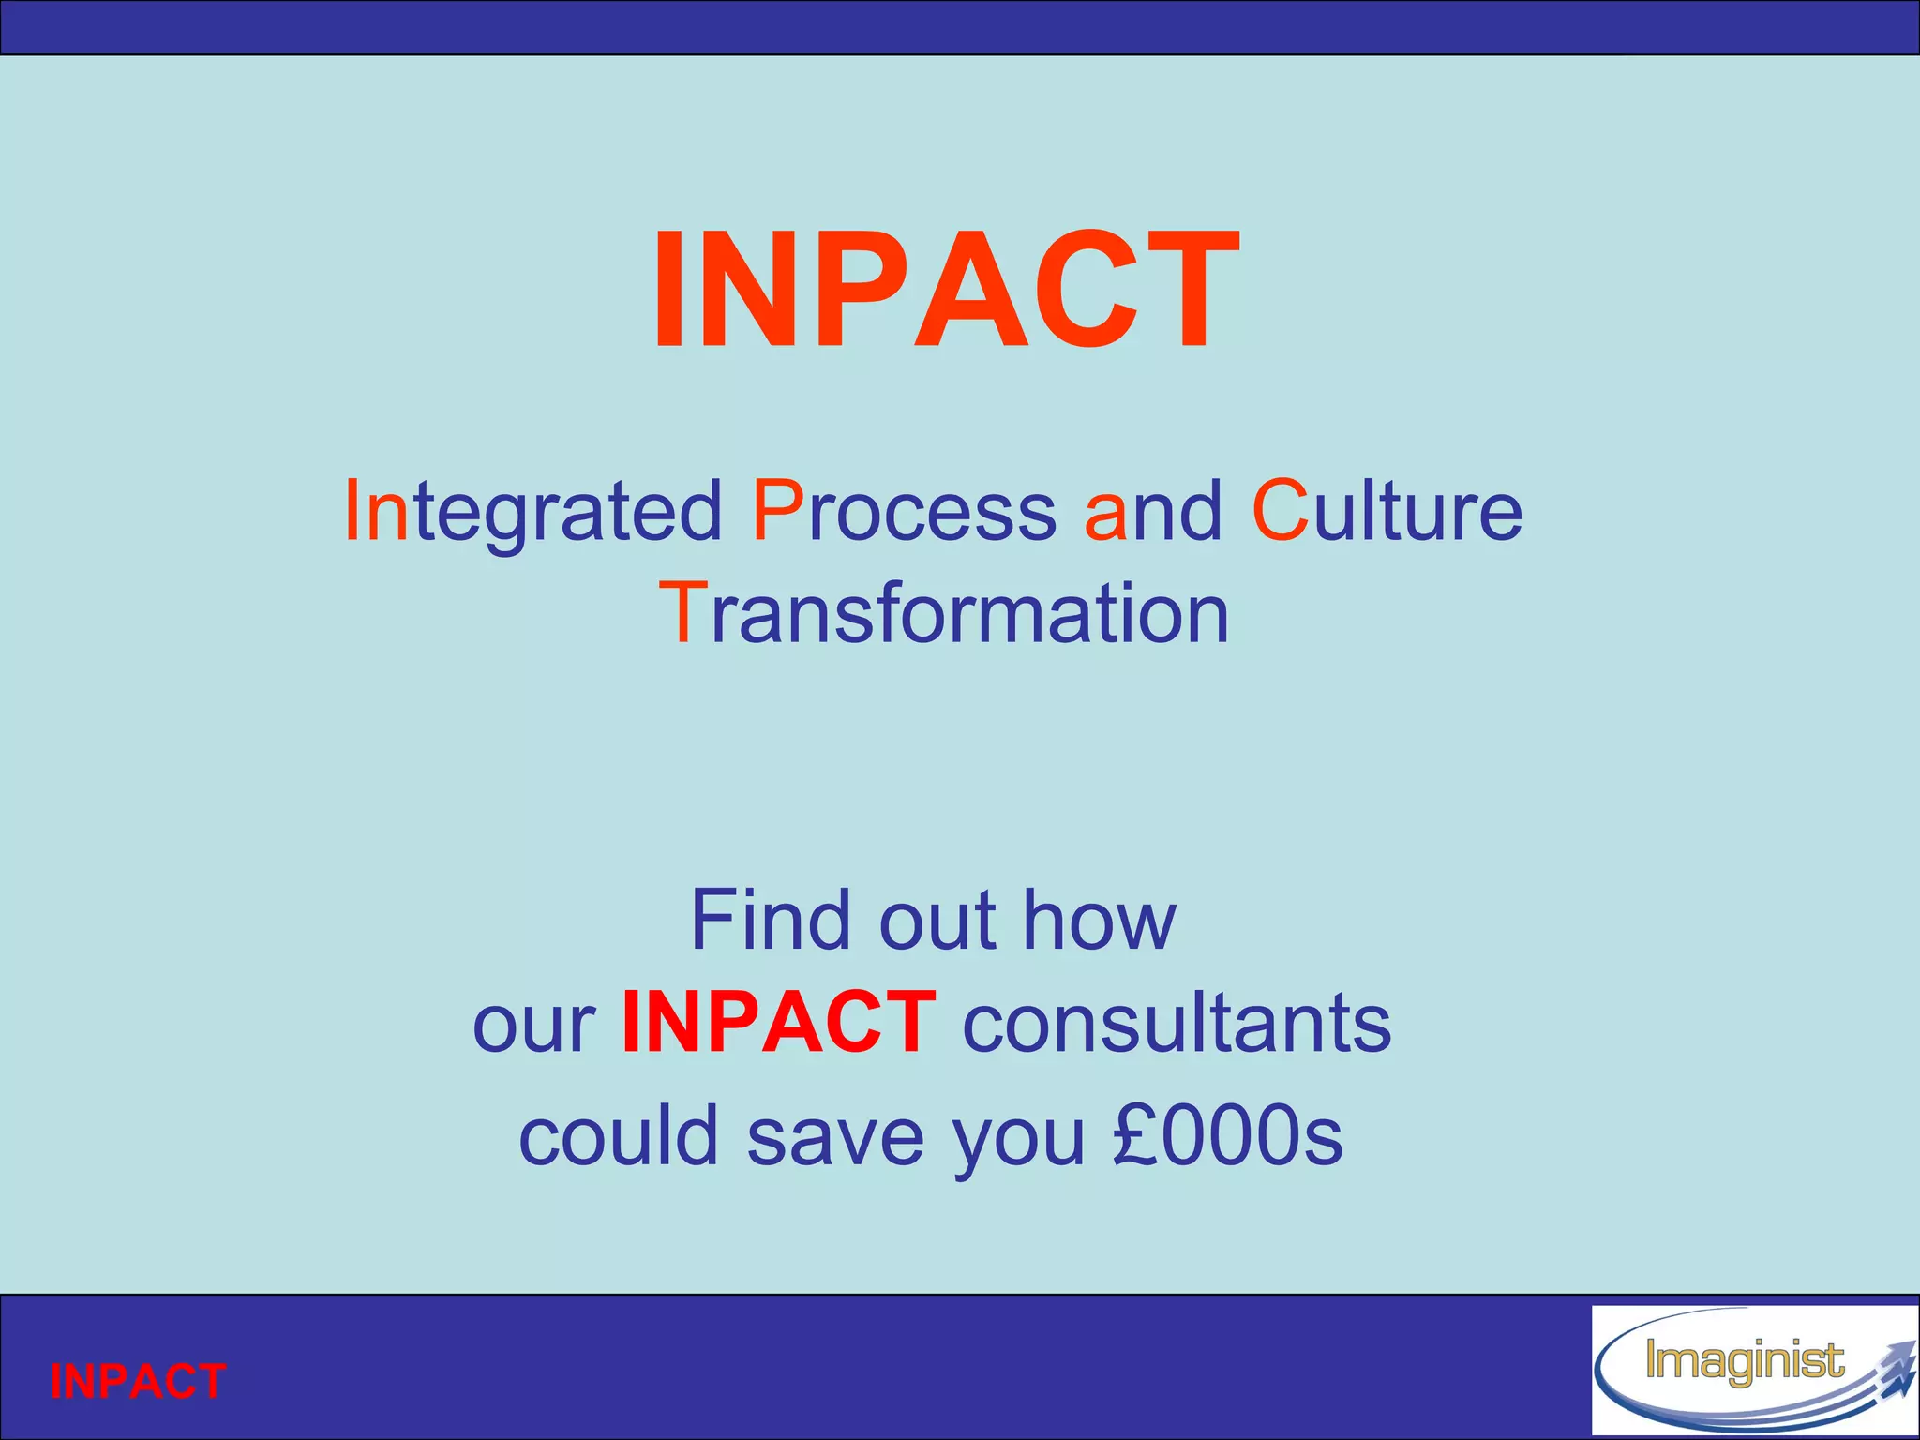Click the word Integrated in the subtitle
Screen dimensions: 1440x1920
[533, 512]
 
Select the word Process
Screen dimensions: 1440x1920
[904, 512]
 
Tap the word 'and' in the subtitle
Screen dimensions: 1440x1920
[1153, 512]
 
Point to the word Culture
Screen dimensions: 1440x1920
[1387, 512]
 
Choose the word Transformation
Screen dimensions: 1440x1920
[943, 613]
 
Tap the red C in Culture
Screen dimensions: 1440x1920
[1280, 512]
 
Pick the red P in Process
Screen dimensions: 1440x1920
[777, 512]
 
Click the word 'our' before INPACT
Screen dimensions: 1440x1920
[534, 1024]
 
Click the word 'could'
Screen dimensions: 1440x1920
[618, 1134]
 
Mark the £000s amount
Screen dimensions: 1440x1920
[1228, 1134]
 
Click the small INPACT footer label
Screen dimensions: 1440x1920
[138, 1381]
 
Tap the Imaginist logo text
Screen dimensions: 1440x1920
[1744, 1361]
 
